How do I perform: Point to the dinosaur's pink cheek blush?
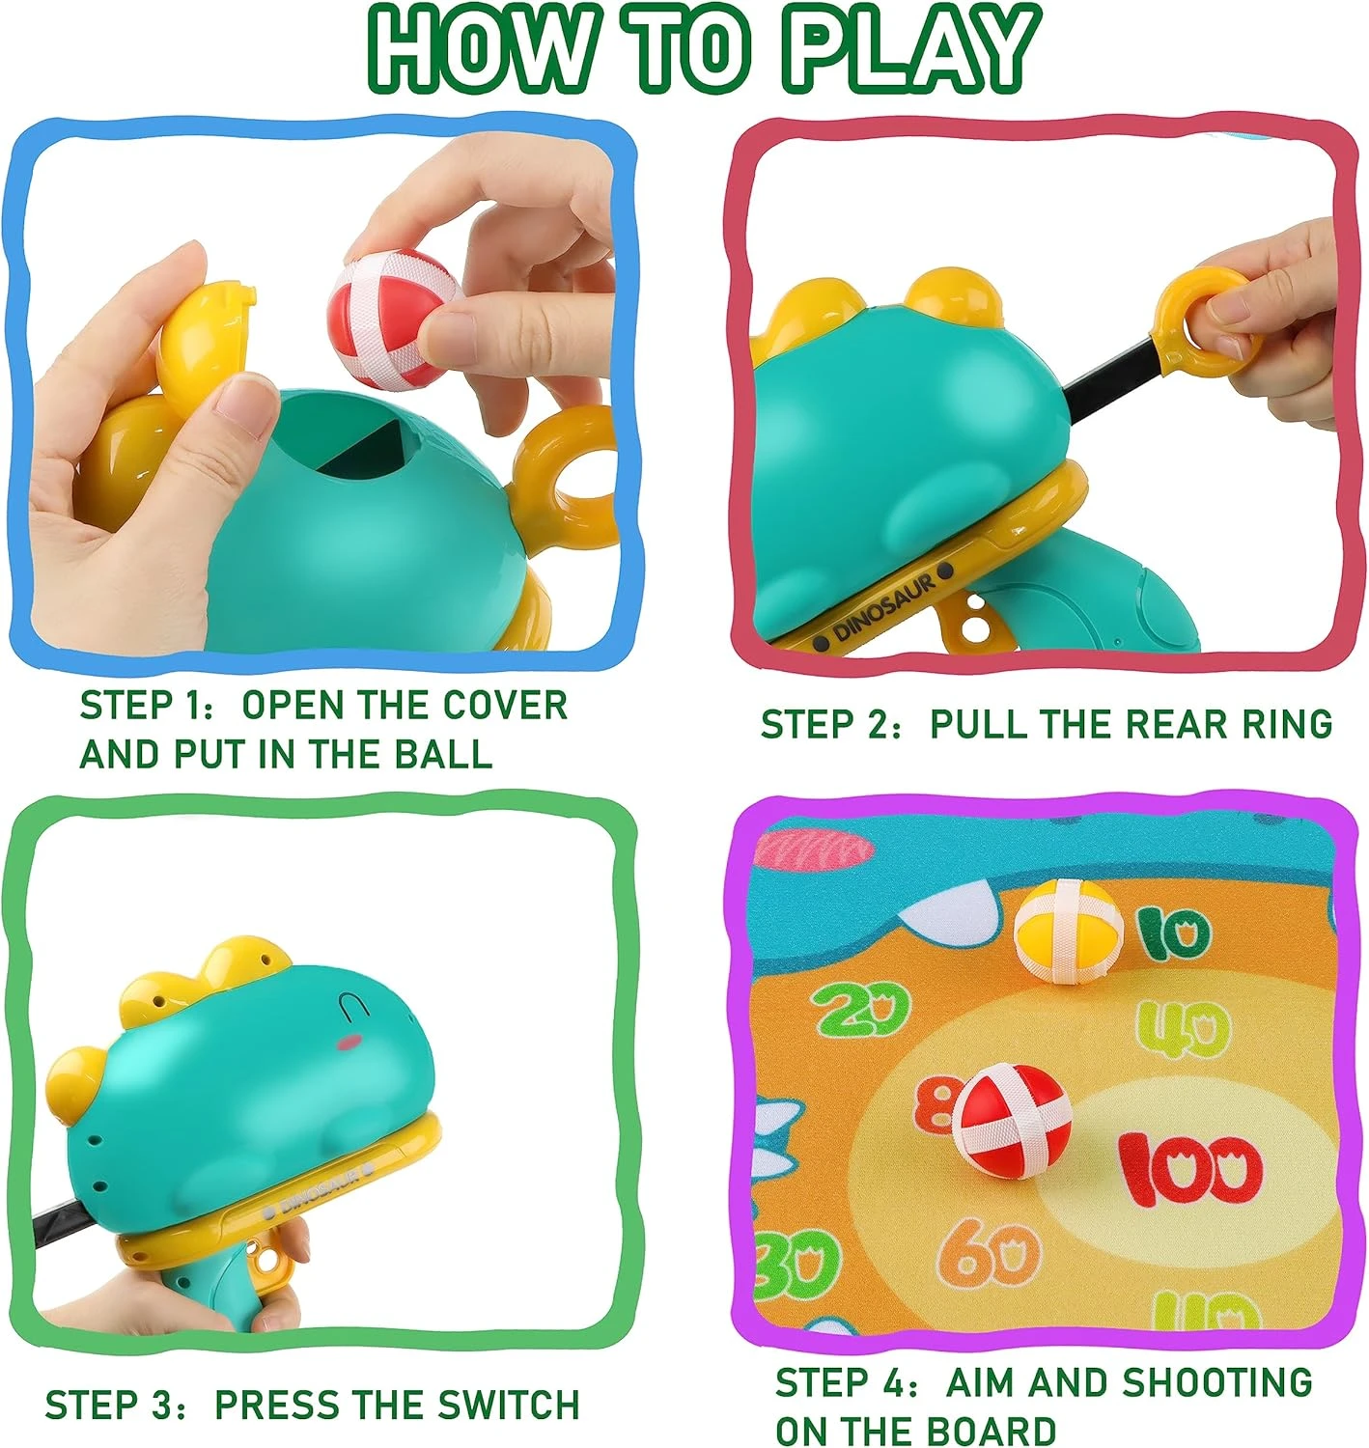pyautogui.click(x=352, y=1042)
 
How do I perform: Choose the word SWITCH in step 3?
pyautogui.click(x=509, y=1404)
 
